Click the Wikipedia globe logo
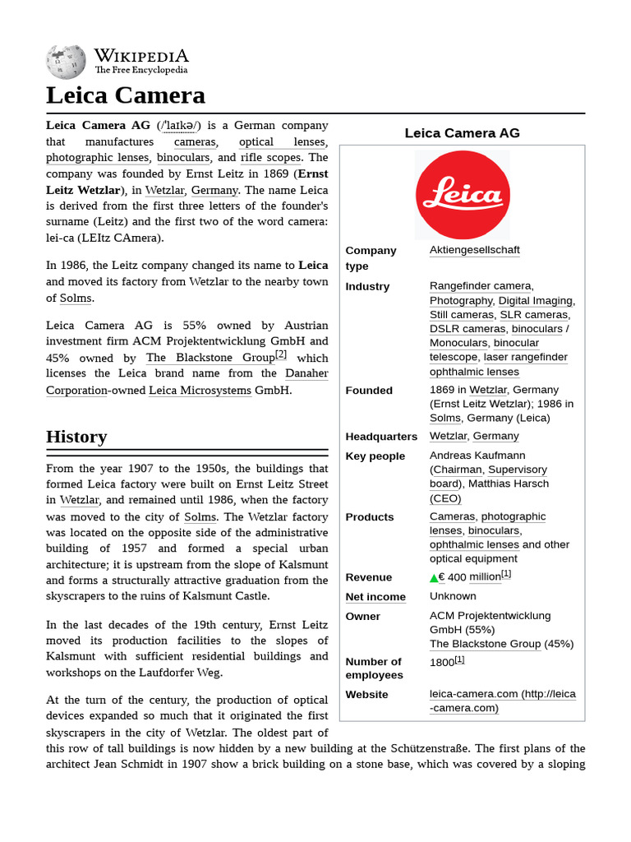66,62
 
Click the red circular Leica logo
462,196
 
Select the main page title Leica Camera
126,95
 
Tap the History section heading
76,437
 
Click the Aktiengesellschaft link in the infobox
474,250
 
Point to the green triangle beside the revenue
434,578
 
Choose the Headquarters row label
381,437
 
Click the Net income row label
375,597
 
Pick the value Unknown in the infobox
453,596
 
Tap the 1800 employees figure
442,662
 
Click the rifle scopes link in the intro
270,158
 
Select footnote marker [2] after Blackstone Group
281,354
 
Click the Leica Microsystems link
200,390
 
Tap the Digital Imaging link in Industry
536,301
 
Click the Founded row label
369,391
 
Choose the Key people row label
375,456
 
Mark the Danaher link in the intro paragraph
306,373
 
